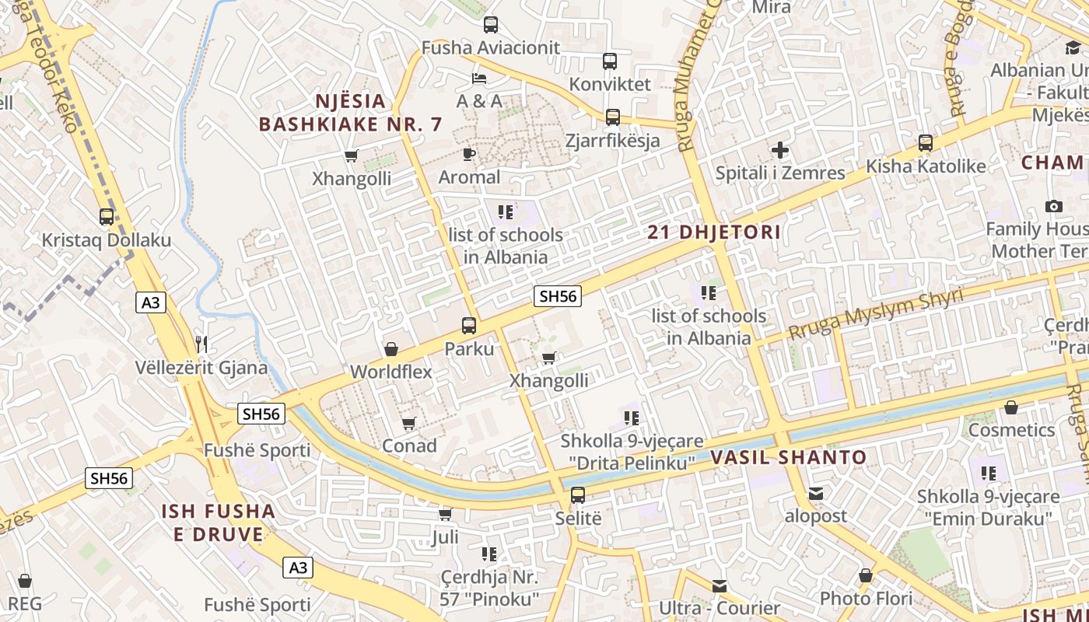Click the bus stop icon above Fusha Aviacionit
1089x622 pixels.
491,24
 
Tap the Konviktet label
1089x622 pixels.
610,84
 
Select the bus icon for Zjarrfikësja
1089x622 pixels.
613,117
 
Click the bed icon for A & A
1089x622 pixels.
479,79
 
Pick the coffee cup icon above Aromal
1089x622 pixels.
469,154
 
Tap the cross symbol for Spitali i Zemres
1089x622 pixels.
780,150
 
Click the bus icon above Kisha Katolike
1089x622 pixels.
926,143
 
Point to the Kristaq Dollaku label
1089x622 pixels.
107,239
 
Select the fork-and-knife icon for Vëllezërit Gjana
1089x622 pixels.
201,344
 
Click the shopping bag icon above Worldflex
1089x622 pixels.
391,349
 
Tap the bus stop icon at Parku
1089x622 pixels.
469,326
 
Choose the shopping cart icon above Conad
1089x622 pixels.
409,423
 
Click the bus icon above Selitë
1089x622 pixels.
578,494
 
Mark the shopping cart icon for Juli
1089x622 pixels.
446,514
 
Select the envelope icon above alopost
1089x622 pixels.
815,493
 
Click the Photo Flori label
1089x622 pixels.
866,598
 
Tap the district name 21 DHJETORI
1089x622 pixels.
714,232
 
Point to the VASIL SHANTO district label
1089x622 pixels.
788,457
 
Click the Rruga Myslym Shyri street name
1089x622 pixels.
876,313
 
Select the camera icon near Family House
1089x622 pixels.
1054,206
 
